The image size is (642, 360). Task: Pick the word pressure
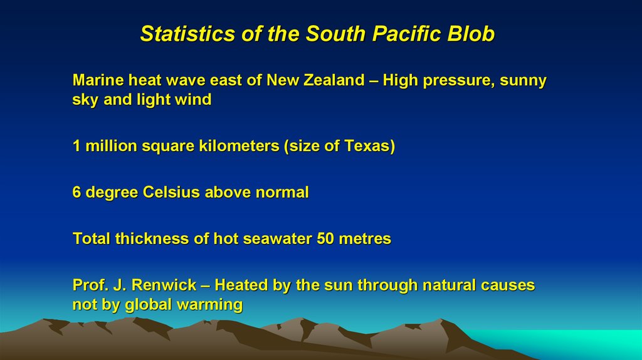(460, 82)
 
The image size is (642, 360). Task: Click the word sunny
(523, 82)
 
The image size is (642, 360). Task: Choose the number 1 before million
(76, 146)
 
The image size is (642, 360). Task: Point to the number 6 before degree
(76, 193)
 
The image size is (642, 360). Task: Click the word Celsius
(172, 193)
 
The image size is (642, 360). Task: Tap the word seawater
(279, 239)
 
